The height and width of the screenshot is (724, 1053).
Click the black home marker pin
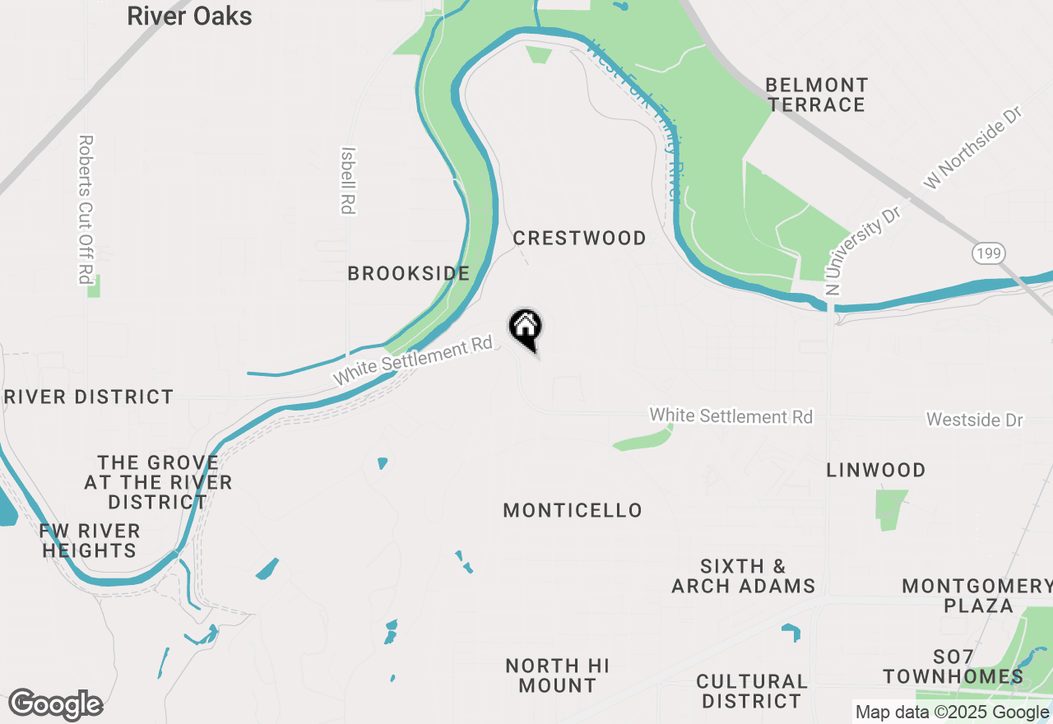pyautogui.click(x=525, y=328)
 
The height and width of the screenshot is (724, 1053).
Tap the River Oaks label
pyautogui.click(x=189, y=16)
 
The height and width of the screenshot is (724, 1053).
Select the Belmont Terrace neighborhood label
pyautogui.click(x=816, y=95)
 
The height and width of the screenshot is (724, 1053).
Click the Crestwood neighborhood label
pyautogui.click(x=579, y=238)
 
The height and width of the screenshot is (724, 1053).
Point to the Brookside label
pyautogui.click(x=408, y=273)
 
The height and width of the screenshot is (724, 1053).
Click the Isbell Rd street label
pyautogui.click(x=348, y=180)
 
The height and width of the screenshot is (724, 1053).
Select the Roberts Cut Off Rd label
pyautogui.click(x=85, y=209)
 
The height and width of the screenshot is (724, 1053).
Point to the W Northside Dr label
pyautogui.click(x=972, y=148)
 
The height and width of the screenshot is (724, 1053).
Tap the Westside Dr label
pyautogui.click(x=974, y=420)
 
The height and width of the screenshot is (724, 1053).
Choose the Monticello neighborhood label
pyautogui.click(x=573, y=510)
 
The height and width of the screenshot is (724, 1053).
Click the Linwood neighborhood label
pyautogui.click(x=876, y=470)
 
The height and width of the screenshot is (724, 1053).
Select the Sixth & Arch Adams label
pyautogui.click(x=744, y=576)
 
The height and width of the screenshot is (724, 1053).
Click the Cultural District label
pyautogui.click(x=751, y=691)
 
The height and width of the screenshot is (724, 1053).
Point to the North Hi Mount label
pyautogui.click(x=558, y=675)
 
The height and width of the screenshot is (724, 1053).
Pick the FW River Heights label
pyautogui.click(x=90, y=541)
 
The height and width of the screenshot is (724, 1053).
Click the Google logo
pyautogui.click(x=55, y=705)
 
